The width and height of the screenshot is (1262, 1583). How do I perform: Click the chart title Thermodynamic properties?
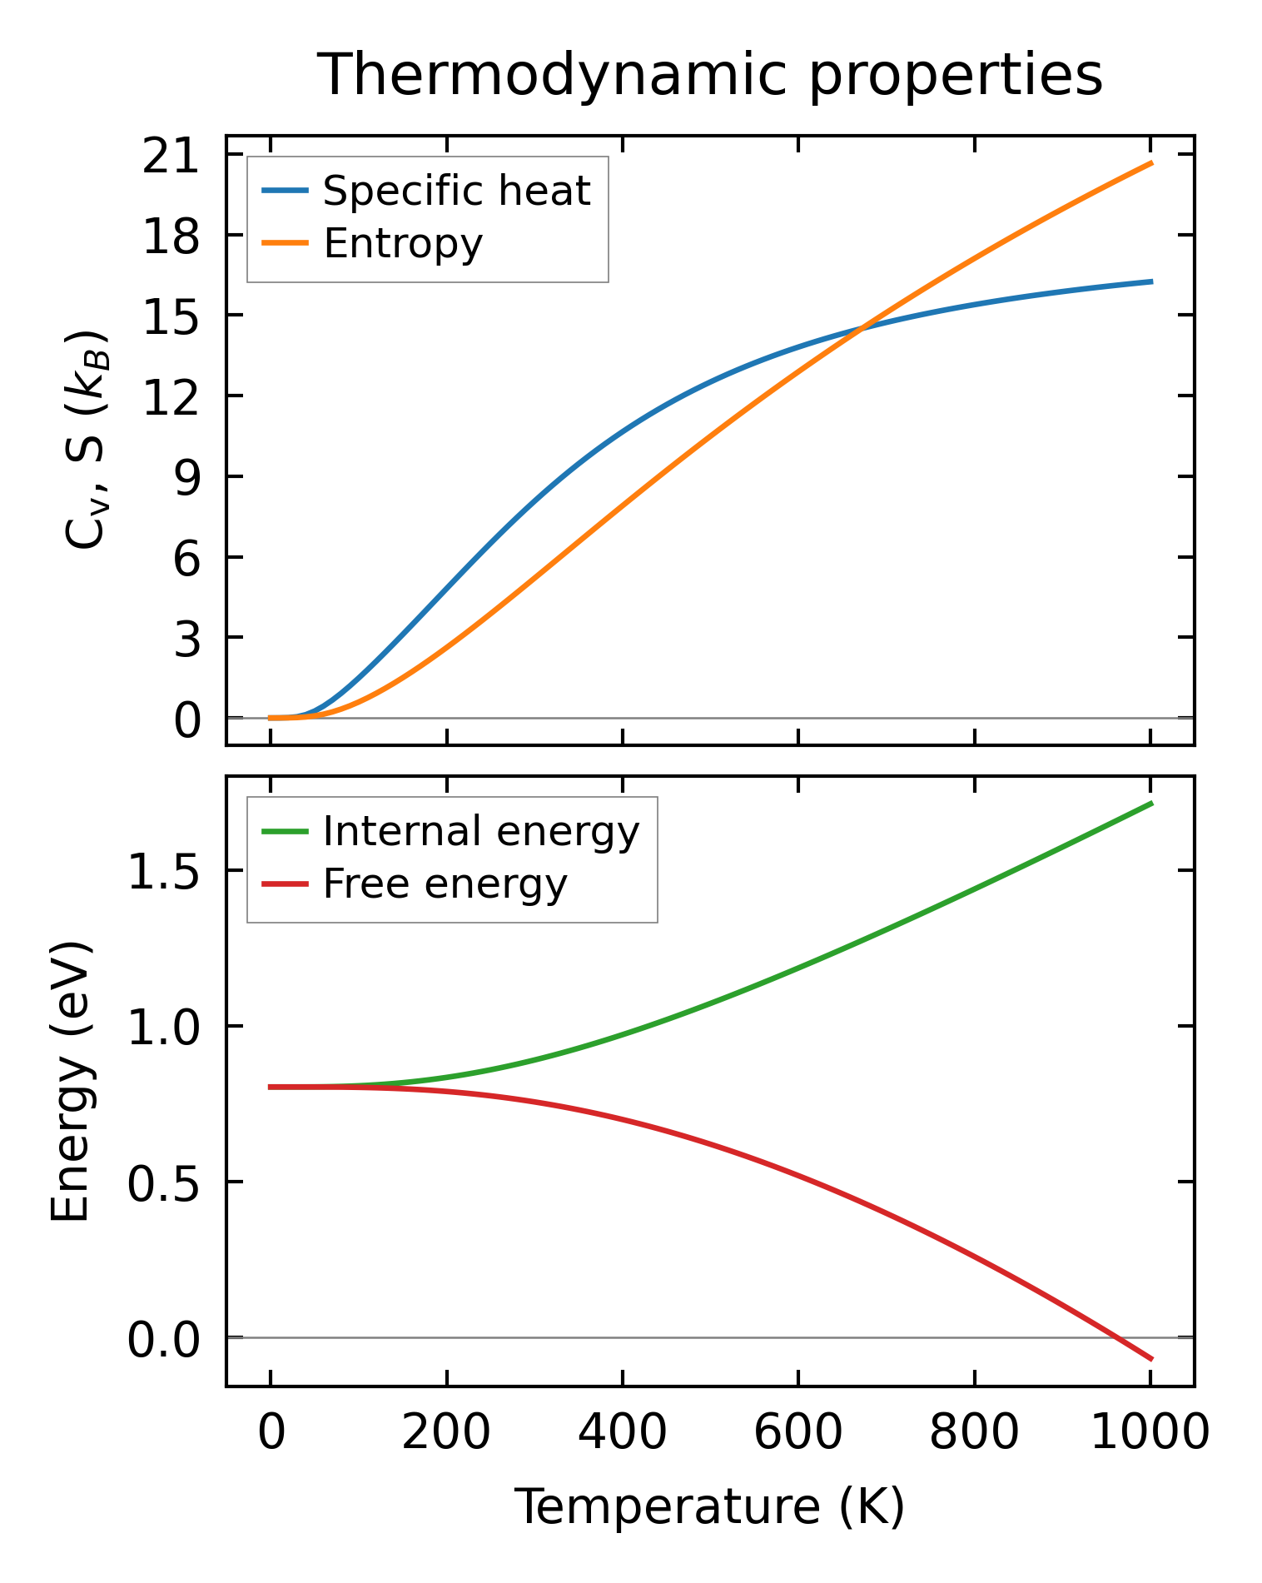(710, 76)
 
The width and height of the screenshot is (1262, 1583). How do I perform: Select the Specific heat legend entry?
(456, 192)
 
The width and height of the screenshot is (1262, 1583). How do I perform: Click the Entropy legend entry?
(403, 244)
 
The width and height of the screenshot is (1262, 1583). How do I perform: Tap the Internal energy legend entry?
(480, 832)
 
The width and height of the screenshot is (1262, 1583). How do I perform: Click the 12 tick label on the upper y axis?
(171, 397)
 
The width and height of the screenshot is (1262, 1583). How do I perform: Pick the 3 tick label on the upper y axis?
(187, 639)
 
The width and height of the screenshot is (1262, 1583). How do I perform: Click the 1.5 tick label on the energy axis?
(164, 872)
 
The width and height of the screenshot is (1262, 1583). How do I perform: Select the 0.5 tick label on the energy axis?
(164, 1182)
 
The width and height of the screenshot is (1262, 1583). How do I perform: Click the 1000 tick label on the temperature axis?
(1150, 1432)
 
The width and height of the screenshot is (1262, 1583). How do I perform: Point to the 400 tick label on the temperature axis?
(623, 1432)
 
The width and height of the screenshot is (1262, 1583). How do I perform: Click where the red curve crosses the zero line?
(1117, 1338)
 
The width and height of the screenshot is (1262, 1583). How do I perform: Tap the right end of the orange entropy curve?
(1151, 163)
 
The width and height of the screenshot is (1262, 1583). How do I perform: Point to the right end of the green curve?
(1151, 803)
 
